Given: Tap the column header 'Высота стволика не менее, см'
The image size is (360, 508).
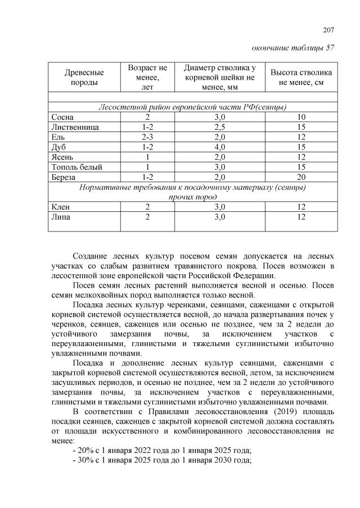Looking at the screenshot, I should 301,78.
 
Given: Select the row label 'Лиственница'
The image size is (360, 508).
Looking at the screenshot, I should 75,127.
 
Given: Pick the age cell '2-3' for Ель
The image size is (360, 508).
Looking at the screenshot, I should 147,137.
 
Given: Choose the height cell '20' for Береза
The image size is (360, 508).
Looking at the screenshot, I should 301,177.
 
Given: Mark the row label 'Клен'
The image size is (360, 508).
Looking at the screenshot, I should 60,207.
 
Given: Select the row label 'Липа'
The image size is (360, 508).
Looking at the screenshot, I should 61,217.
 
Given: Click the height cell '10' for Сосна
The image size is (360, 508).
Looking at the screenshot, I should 301,117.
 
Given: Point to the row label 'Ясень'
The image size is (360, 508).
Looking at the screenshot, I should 62,157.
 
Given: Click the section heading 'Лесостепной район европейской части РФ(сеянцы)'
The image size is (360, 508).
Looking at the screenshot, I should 193,106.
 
